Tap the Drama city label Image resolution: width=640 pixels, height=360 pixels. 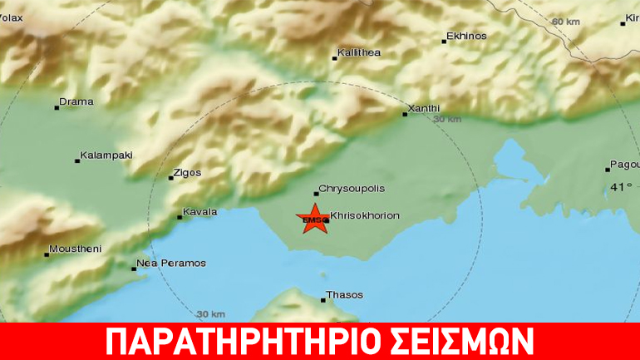click(x=77, y=102)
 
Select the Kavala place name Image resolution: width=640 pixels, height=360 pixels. click(x=201, y=212)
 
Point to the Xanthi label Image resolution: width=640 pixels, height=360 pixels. click(x=425, y=108)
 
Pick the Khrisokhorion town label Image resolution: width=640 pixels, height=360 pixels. click(x=365, y=215)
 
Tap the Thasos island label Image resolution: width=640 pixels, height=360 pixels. click(x=345, y=294)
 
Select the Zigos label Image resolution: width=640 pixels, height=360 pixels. click(x=187, y=173)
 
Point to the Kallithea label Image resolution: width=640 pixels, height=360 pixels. click(x=360, y=53)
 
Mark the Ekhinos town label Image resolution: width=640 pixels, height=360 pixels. click(x=466, y=37)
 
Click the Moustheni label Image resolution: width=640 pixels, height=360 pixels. click(x=76, y=249)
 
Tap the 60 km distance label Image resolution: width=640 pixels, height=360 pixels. click(x=565, y=21)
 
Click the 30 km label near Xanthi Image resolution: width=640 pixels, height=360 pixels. click(x=447, y=120)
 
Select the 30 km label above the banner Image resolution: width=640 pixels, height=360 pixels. click(x=211, y=314)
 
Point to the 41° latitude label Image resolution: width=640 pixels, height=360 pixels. click(x=621, y=187)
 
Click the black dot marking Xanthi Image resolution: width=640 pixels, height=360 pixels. click(x=406, y=114)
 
